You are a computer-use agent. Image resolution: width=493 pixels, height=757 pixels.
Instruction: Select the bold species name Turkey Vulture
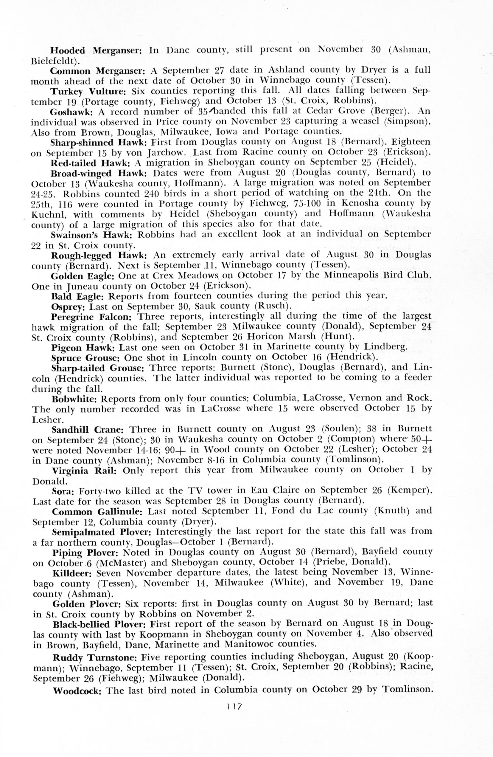point(88,91)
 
